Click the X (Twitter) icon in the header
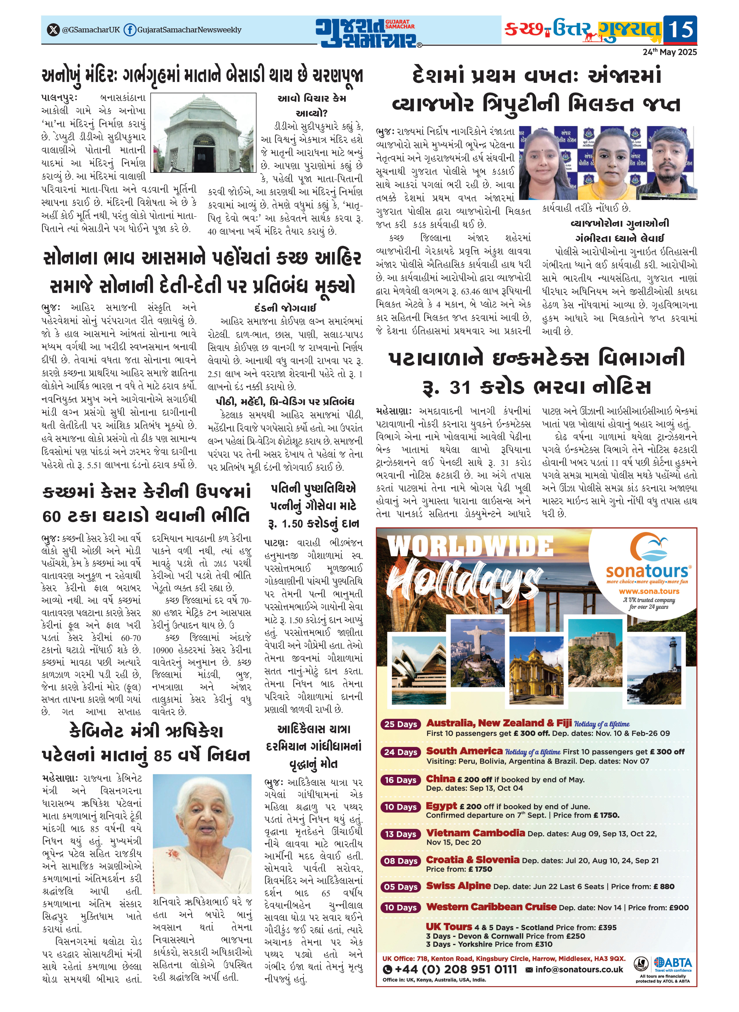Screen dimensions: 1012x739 (x=53, y=30)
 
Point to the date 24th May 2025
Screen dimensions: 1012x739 (x=670, y=52)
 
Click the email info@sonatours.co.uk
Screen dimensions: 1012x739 (x=578, y=969)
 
